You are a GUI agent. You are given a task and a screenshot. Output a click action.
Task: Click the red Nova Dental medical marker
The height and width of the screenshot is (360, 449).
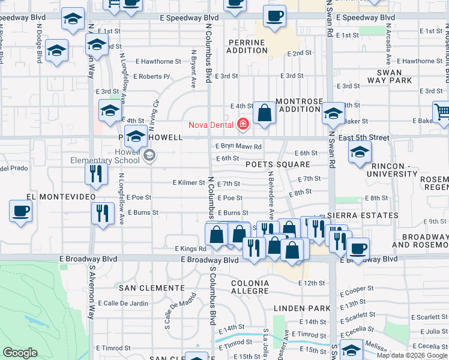[x=243, y=124]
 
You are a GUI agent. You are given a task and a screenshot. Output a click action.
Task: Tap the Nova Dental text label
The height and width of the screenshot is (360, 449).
[x=212, y=125]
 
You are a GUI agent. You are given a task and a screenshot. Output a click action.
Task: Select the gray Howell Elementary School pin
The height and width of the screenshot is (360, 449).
[x=149, y=157]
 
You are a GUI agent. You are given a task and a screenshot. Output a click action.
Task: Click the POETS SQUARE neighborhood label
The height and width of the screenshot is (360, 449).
[x=277, y=164]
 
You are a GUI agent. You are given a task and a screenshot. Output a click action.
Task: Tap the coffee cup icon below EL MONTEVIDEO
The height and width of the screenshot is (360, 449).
[x=21, y=212]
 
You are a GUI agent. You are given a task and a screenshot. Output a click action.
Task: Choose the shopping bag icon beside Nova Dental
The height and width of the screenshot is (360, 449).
[x=264, y=113]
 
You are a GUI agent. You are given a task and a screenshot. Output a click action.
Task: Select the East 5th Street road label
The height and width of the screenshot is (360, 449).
[x=363, y=138]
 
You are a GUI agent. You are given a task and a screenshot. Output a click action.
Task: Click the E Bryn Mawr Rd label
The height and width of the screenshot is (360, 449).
[x=239, y=146]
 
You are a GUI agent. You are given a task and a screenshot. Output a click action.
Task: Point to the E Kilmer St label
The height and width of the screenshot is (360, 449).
[x=188, y=182]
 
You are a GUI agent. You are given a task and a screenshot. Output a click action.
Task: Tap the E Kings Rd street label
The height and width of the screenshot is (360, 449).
[x=190, y=248]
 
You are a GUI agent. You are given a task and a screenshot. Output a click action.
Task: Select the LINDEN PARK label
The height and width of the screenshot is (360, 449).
[x=302, y=308]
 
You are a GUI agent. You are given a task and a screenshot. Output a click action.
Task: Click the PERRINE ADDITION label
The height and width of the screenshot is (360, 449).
[x=246, y=47]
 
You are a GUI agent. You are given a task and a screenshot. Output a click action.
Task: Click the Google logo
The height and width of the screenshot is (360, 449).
[x=20, y=353]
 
